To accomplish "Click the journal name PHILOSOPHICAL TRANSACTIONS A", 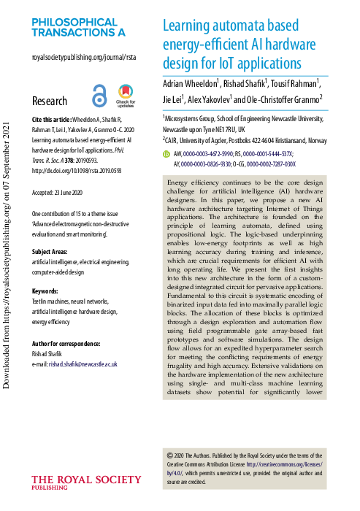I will click(x=78, y=27).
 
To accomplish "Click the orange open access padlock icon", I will click(x=99, y=96).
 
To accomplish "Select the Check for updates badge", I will click(x=124, y=96).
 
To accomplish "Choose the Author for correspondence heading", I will click(x=70, y=342).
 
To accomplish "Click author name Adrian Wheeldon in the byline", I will click(x=191, y=83).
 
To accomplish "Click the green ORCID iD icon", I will click(x=166, y=155).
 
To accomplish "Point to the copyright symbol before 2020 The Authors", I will click(x=171, y=453).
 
